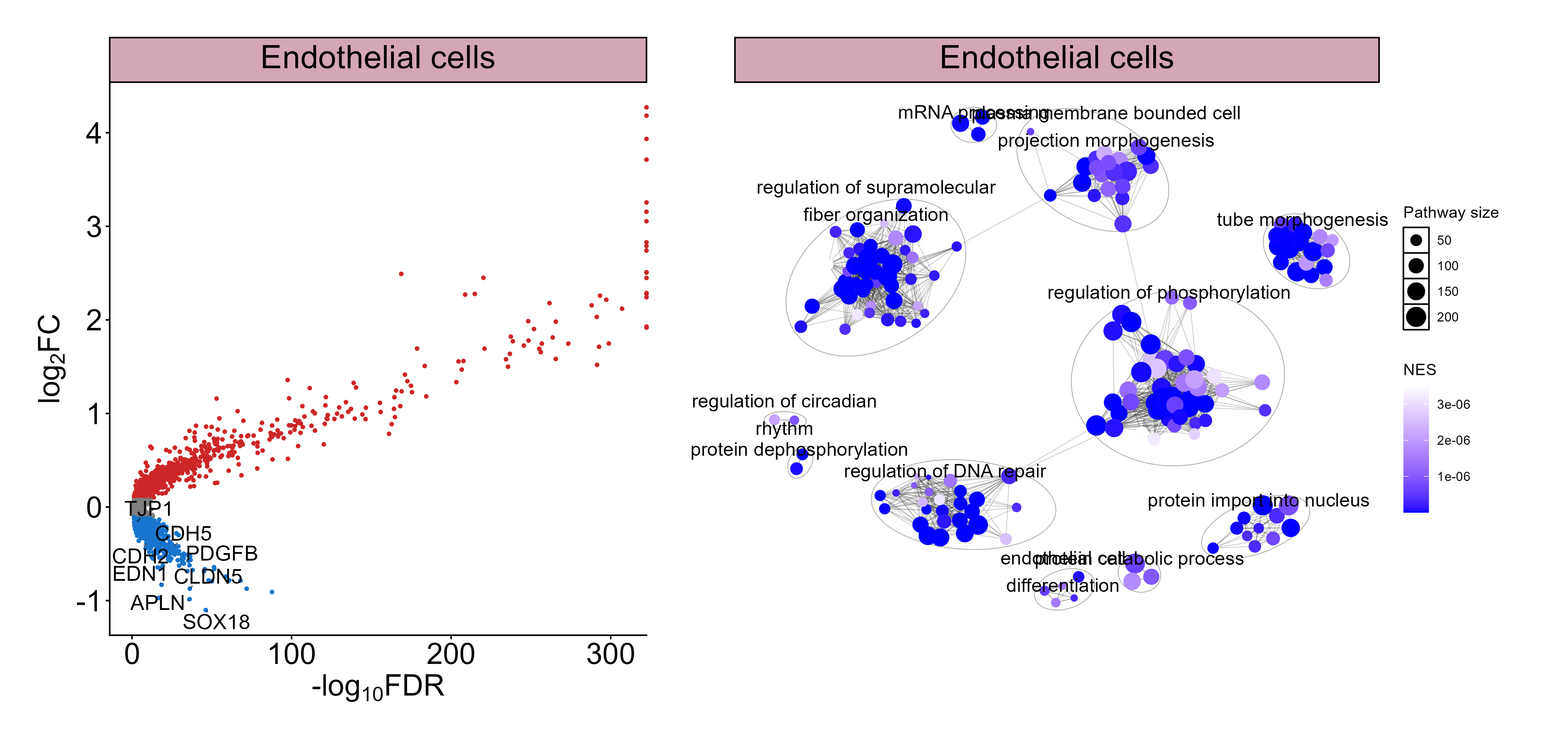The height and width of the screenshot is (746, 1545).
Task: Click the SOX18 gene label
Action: [216, 622]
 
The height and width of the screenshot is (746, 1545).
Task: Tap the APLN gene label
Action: [157, 603]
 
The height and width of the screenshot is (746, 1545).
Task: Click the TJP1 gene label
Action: [148, 509]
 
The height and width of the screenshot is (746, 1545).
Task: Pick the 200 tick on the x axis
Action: [450, 654]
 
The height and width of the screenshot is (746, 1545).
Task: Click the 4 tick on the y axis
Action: [94, 133]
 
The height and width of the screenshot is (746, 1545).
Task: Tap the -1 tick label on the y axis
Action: [89, 601]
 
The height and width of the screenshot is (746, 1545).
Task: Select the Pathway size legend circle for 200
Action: [1416, 317]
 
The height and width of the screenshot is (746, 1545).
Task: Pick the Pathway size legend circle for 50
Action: [1416, 240]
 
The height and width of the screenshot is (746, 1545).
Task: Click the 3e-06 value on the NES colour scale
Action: [1453, 404]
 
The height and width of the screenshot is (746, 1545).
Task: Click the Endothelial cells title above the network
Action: [1056, 58]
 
